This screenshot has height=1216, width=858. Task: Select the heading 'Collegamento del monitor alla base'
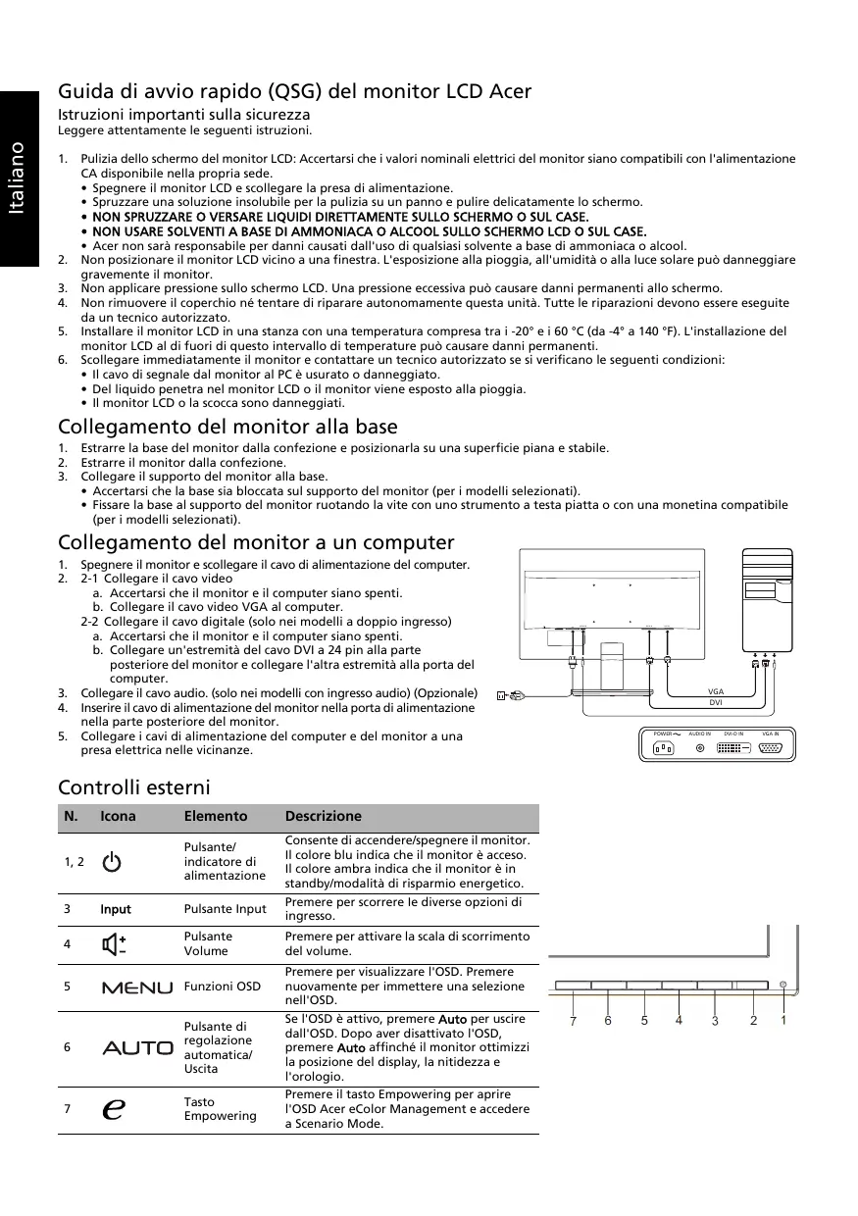coord(227,427)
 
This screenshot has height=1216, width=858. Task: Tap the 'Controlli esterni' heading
coord(134,787)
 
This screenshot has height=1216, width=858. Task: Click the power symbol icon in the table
coord(113,862)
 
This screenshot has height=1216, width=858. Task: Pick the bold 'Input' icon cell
coord(116,909)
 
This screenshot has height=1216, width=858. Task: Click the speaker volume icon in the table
coord(114,943)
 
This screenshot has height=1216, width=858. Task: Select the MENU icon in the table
coord(136,987)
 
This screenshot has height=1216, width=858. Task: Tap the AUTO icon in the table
coord(137,1047)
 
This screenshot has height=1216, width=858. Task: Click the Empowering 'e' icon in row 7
coord(113,1109)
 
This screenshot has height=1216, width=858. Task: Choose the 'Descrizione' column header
coord(323,816)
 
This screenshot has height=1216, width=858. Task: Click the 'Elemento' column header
coord(216,816)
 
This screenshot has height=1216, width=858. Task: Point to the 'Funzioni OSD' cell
coord(223,986)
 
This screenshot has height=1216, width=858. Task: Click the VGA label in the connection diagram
coord(715,692)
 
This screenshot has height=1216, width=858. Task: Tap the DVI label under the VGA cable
coord(715,703)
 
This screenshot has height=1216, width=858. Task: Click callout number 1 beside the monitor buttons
coord(783,1020)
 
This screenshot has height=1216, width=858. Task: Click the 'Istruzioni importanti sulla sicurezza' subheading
coord(183,115)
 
